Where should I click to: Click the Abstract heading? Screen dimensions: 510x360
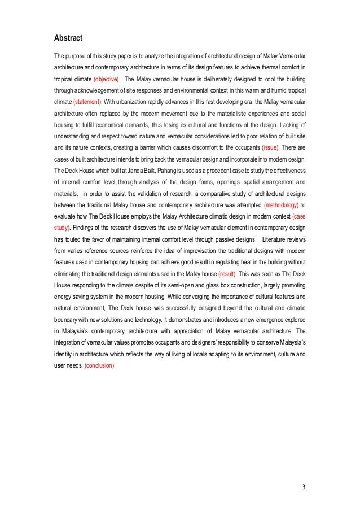(x=68, y=38)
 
